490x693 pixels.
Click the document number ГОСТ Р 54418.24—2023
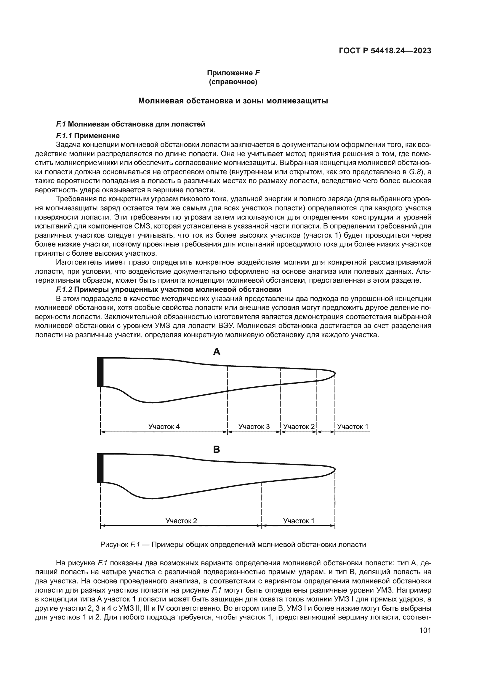coord(385,51)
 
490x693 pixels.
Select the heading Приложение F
coord(233,73)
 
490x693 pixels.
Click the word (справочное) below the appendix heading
coord(233,82)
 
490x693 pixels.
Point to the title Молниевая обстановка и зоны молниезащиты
coord(233,101)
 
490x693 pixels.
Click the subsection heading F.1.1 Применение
coord(88,135)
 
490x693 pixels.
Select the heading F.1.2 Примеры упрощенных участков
coord(168,289)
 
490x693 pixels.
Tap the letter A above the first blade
coord(217,352)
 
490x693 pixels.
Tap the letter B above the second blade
coord(217,449)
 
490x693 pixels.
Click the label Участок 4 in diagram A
coord(164,426)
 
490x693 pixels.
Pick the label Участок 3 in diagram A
coord(254,426)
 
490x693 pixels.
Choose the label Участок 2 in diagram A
coord(299,426)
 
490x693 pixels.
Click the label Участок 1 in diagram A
coord(353,426)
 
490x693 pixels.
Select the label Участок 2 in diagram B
coord(181,521)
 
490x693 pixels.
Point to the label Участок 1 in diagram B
coord(298,521)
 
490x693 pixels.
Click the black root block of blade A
coord(100,372)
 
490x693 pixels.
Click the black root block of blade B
coord(100,468)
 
